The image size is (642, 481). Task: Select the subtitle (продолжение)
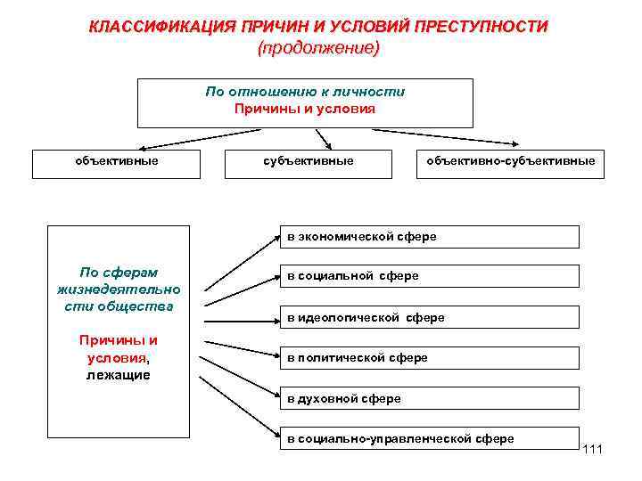[318, 48]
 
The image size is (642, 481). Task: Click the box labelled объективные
[116, 161]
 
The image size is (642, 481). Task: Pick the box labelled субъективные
[308, 161]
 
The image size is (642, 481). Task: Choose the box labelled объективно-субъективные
[510, 161]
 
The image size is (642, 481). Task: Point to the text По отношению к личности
[305, 92]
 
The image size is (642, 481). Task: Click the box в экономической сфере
[428, 236]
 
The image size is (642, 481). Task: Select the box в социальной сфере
[428, 276]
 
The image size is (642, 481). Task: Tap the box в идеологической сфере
[428, 317]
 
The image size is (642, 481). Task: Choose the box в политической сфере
[428, 357]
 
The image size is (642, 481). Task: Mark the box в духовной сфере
[428, 398]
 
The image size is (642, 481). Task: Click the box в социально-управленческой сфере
[428, 438]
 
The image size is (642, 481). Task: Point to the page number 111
[592, 448]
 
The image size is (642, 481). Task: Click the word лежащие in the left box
[119, 375]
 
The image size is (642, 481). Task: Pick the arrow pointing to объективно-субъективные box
[446, 137]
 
